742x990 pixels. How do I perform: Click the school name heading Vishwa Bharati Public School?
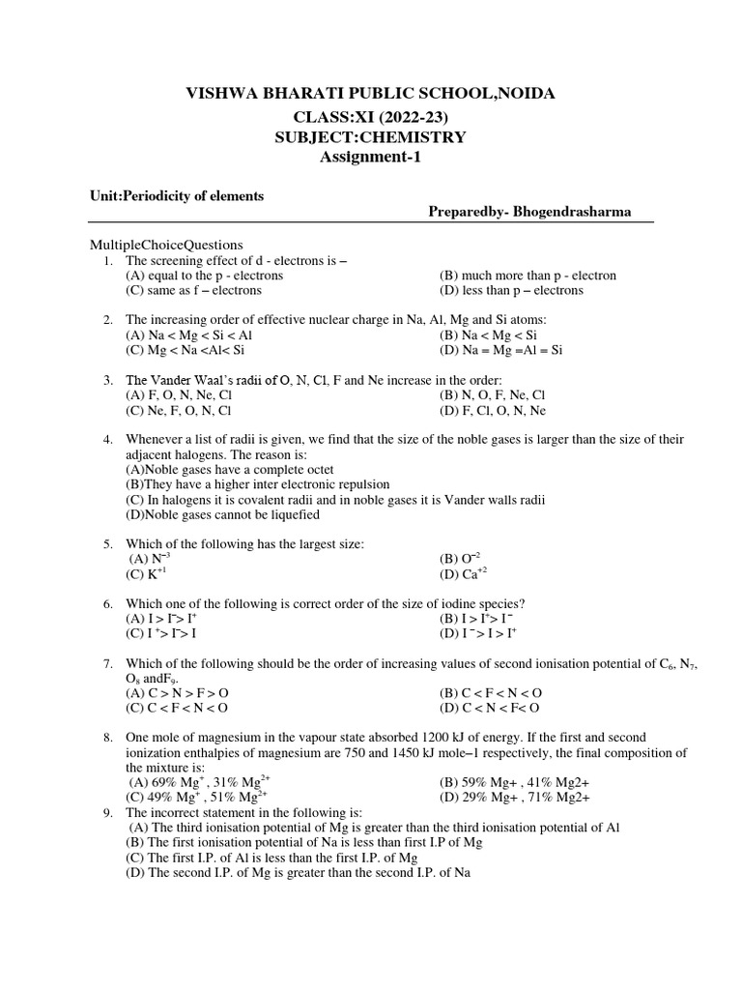pyautogui.click(x=370, y=94)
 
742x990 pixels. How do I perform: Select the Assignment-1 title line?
pyautogui.click(x=370, y=158)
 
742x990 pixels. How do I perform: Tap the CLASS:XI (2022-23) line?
pyautogui.click(x=370, y=116)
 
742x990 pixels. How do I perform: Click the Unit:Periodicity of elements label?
pyautogui.click(x=177, y=195)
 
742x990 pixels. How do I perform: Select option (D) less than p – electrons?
pyautogui.click(x=512, y=290)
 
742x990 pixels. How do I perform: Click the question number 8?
pyautogui.click(x=108, y=738)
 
